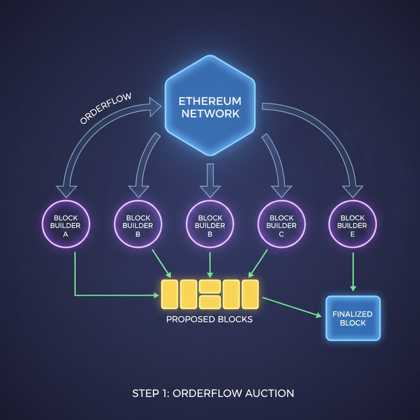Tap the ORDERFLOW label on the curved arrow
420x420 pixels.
pos(105,108)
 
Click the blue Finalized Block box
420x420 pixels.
pos(353,318)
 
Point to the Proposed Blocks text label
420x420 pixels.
pos(210,319)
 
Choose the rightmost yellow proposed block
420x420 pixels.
pos(250,294)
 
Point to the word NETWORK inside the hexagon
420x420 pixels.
pos(210,114)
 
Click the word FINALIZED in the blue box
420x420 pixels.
pos(353,314)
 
